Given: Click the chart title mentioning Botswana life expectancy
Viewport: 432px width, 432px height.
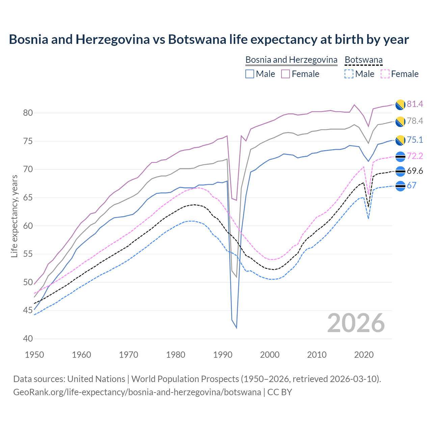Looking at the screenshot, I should point(209,39).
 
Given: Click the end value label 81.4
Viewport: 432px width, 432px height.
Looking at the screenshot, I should point(415,104).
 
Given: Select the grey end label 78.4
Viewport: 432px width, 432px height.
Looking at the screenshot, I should point(415,121).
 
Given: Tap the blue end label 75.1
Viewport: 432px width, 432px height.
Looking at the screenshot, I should point(415,140).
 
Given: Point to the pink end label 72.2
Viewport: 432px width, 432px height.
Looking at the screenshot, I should point(415,156).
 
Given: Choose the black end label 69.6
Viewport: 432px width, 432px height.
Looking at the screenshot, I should point(415,171).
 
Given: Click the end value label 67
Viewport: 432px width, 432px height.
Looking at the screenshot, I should point(411,185).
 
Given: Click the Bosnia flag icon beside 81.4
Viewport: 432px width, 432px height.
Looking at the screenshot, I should point(400,105).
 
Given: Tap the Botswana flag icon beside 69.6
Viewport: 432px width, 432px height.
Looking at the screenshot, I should point(400,171).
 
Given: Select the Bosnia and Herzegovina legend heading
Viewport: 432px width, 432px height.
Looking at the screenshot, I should point(291,60).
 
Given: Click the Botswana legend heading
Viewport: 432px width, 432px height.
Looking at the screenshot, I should point(363,60).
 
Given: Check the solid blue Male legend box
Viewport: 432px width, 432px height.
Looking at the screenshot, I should point(250,74).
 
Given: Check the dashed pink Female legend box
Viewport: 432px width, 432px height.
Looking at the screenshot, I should point(385,74).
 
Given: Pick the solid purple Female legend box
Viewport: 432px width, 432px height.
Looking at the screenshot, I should point(286,74).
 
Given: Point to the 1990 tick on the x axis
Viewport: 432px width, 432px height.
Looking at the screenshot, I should point(223,355).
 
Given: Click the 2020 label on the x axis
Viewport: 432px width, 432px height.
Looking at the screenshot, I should point(364,355).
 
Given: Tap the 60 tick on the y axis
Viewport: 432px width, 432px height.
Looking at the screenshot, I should point(28,226).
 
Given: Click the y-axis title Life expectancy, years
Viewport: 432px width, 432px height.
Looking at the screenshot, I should point(14,216).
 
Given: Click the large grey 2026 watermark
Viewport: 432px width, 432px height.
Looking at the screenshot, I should point(356,323).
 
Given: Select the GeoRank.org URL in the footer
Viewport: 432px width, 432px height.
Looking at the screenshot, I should point(137,392).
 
